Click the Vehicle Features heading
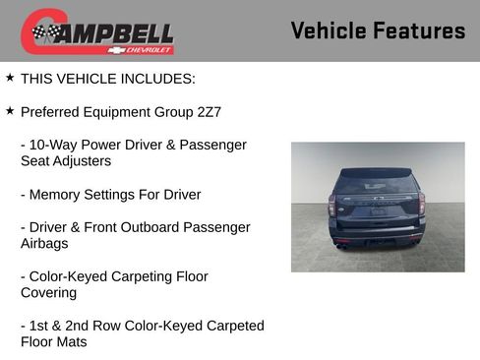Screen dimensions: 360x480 click(378, 31)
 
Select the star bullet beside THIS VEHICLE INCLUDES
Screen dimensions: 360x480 click(10, 78)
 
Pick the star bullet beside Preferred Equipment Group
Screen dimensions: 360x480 click(10, 111)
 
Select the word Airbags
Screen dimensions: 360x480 click(45, 243)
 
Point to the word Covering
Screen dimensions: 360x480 click(52, 293)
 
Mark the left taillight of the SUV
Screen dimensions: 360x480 click(333, 206)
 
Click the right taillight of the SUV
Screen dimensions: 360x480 click(420, 205)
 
